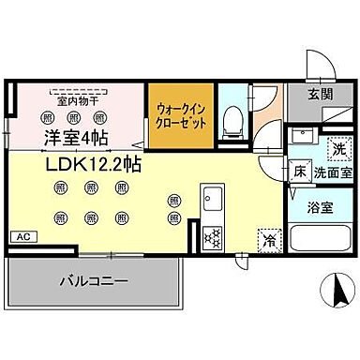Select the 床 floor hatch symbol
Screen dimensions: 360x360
(299, 172)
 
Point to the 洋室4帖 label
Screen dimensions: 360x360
(74, 138)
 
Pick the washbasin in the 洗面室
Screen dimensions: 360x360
(304, 140)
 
